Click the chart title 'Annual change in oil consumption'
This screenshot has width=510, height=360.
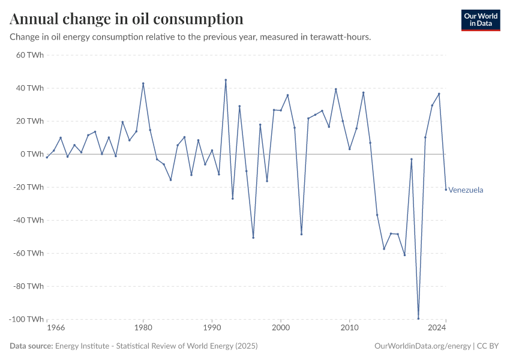pyautogui.click(x=127, y=19)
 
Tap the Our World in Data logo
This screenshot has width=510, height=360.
pyautogui.click(x=480, y=20)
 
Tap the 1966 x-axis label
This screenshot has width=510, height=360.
pyautogui.click(x=56, y=328)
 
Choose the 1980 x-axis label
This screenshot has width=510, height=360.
pyautogui.click(x=143, y=328)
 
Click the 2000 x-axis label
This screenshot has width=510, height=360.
pyautogui.click(x=280, y=328)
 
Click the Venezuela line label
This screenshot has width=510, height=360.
pyautogui.click(x=466, y=190)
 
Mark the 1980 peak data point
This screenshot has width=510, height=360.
pyautogui.click(x=143, y=83)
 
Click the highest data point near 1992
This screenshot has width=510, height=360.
pyautogui.click(x=226, y=80)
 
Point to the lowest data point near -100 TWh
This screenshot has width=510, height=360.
pyautogui.click(x=418, y=319)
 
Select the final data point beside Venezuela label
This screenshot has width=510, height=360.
pyautogui.click(x=446, y=190)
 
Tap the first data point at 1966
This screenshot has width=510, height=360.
pyautogui.click(x=47, y=157)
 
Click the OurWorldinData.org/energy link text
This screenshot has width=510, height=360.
pyautogui.click(x=422, y=346)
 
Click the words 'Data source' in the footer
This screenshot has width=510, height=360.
pyautogui.click(x=31, y=346)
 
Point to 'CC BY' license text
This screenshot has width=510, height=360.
pyautogui.click(x=488, y=346)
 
